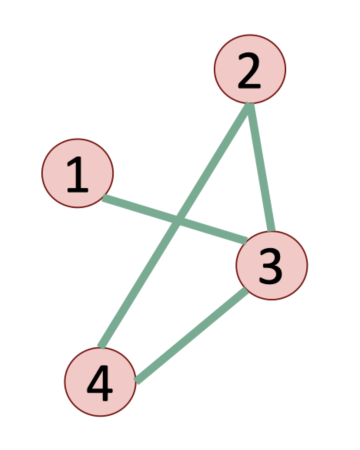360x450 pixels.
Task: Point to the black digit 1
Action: click(77, 174)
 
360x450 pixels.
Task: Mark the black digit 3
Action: click(270, 266)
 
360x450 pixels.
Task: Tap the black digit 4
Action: click(99, 384)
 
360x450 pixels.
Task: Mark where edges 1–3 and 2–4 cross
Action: click(178, 220)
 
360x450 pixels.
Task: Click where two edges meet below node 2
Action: click(249, 105)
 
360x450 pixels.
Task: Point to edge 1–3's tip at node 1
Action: click(104, 198)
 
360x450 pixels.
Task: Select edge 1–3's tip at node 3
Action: click(246, 241)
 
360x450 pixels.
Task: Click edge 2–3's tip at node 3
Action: click(271, 231)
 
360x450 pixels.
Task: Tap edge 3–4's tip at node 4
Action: click(136, 381)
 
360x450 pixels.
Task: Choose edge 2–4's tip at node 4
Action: click(101, 346)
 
